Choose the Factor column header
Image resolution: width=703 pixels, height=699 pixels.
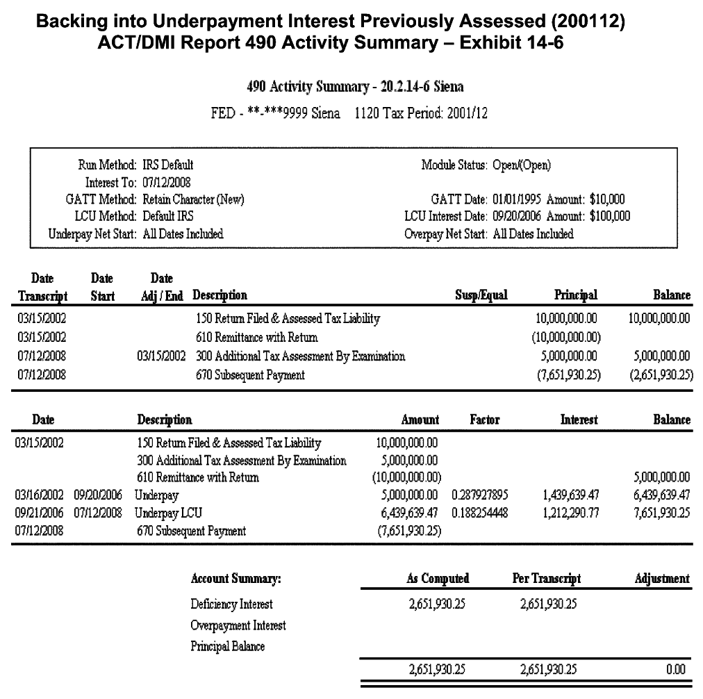click(x=484, y=420)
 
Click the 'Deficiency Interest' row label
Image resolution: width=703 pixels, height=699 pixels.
click(x=231, y=605)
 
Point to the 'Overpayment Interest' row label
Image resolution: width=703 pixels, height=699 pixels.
click(x=238, y=625)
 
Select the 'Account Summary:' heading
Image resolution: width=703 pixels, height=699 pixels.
click(x=235, y=579)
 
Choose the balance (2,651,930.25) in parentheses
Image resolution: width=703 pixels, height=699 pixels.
click(x=656, y=376)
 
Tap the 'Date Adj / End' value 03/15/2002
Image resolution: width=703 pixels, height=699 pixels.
click(x=163, y=357)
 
